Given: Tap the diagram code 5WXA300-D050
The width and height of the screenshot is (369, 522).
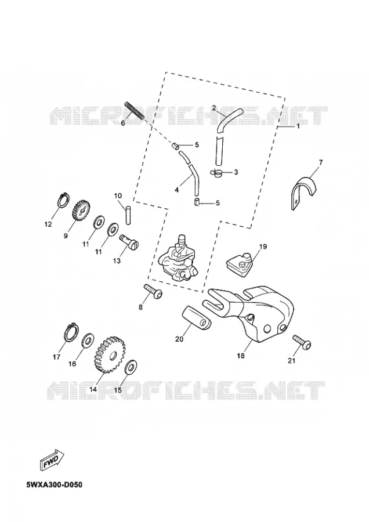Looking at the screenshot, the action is click(55, 484).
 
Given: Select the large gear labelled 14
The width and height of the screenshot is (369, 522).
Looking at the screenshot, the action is click(108, 354).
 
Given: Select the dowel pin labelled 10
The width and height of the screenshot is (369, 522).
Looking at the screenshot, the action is click(128, 215).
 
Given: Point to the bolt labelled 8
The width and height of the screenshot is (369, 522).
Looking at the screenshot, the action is click(153, 291).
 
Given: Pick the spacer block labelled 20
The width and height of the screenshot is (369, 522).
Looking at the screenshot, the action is click(197, 319).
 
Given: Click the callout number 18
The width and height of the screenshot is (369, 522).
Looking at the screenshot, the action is click(240, 356).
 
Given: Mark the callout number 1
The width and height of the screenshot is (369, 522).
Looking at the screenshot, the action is click(298, 126).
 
